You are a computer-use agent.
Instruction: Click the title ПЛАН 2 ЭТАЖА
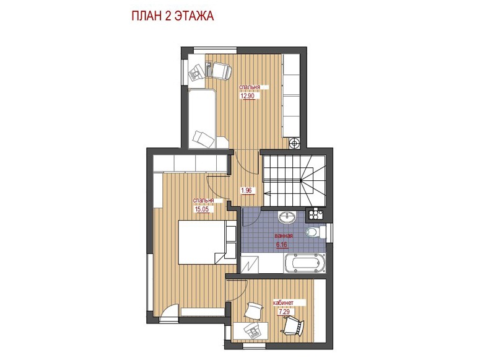173,16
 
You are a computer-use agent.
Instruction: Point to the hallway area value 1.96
246,190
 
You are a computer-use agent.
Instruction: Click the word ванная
284,236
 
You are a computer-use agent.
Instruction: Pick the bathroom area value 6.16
282,245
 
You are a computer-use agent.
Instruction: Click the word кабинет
283,303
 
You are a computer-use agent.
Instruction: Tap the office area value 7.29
284,312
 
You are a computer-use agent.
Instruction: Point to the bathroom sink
287,217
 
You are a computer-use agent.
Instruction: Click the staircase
294,180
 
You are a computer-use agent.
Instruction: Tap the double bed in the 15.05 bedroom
207,242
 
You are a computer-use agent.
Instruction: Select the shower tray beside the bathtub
250,264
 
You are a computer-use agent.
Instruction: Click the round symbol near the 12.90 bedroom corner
294,143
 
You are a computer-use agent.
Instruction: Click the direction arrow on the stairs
267,193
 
